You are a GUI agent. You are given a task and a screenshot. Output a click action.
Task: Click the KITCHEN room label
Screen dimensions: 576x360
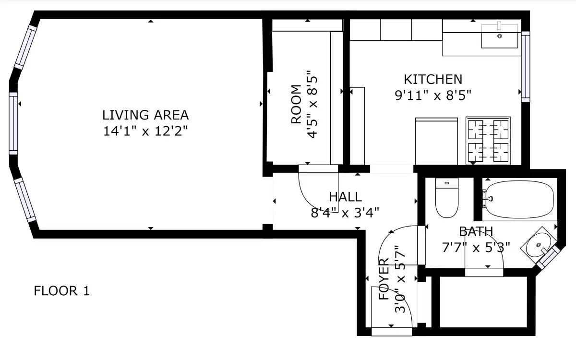pos(433,79)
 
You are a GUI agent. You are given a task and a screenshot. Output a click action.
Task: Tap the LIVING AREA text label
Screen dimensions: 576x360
pos(145,115)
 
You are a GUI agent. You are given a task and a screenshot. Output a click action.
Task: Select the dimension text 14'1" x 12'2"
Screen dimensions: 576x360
pos(145,131)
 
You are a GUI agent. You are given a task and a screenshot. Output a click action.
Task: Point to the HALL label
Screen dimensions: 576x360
pos(345,197)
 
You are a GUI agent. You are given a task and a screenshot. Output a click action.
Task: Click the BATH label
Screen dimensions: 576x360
pos(476,231)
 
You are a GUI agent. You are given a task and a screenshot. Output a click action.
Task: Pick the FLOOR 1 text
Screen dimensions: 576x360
pos(62,291)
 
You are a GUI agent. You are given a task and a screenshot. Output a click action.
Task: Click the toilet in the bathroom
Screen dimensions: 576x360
pos(447,198)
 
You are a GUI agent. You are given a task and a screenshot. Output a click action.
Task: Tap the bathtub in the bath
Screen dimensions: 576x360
pos(520,199)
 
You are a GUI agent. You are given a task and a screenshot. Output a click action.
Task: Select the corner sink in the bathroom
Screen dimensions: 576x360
pos(538,245)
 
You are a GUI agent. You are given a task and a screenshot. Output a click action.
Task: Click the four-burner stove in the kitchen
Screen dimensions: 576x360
pos(488,141)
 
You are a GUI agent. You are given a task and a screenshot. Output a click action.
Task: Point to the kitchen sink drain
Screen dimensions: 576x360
pos(500,36)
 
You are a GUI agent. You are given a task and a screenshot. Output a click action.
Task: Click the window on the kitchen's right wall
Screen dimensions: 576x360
pos(526,67)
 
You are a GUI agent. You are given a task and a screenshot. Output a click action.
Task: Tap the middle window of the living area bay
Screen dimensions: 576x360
pos(13,123)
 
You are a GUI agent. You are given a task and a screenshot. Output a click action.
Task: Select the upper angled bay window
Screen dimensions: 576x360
pos(25,48)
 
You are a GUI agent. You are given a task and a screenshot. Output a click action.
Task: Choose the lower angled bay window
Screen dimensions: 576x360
pos(25,200)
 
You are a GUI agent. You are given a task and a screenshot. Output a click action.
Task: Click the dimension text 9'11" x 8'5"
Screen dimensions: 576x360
pos(433,96)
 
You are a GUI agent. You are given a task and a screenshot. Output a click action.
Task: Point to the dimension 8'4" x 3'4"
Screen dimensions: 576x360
pos(345,213)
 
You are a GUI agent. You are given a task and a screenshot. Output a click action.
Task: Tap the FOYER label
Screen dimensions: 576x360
pos(384,279)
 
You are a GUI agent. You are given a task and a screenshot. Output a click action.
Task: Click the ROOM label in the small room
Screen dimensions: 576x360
pos(296,104)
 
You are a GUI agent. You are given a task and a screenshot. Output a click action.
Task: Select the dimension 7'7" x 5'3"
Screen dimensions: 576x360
pos(476,248)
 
